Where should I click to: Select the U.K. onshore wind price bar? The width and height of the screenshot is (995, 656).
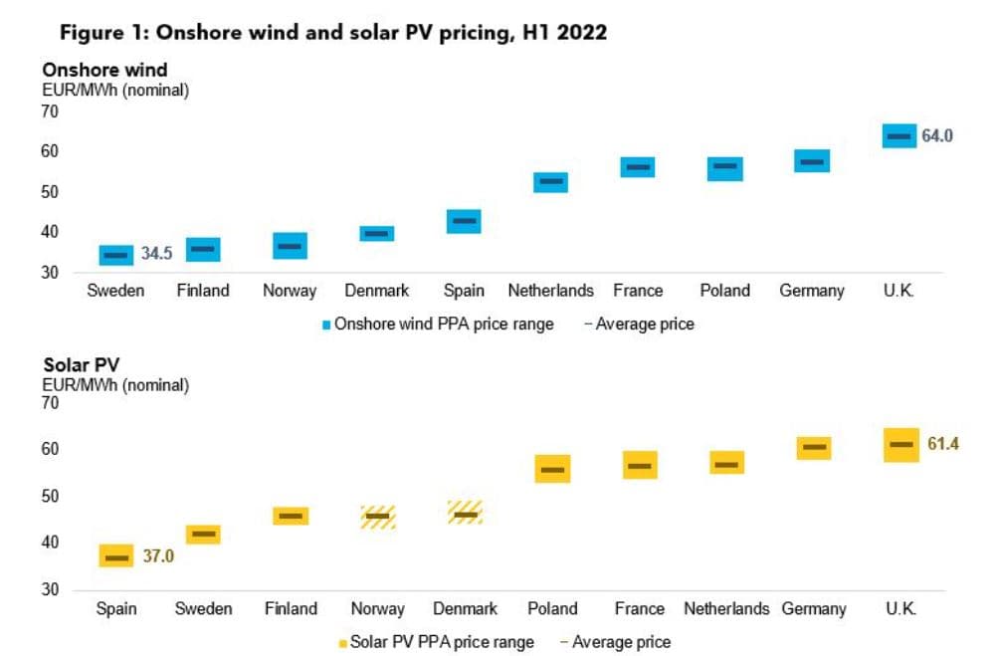click(x=899, y=135)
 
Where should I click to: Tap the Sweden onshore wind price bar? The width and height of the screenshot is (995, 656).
click(x=116, y=255)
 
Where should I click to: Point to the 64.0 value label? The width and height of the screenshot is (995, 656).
click(x=937, y=135)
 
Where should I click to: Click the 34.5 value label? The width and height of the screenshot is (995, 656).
click(x=156, y=254)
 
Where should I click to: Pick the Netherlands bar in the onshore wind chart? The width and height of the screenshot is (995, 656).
click(x=550, y=181)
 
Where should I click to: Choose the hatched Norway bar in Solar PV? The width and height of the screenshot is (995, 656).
click(x=378, y=516)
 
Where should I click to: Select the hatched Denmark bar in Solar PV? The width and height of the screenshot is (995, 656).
click(x=465, y=513)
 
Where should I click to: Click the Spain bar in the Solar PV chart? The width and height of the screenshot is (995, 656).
click(x=116, y=556)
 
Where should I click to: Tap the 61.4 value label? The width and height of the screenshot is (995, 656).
click(x=942, y=444)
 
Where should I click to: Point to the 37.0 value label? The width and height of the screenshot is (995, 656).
click(x=158, y=556)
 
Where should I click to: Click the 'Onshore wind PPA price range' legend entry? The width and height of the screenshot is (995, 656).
click(x=443, y=324)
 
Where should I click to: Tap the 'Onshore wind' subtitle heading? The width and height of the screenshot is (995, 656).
click(x=104, y=70)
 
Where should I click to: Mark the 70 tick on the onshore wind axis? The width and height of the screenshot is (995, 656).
click(x=49, y=110)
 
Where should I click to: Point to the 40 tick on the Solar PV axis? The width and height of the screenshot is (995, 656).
click(x=49, y=543)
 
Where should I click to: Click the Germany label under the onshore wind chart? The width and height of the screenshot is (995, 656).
click(x=812, y=291)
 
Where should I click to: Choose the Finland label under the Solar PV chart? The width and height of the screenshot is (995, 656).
click(x=291, y=608)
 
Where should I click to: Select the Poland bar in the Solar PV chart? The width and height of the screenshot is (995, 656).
click(x=552, y=469)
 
